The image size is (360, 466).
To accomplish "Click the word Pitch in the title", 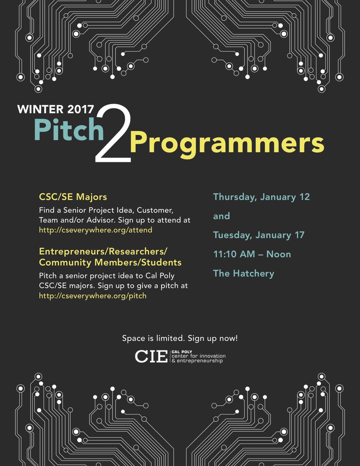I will (69, 130).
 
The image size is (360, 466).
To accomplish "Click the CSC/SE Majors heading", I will (73, 196).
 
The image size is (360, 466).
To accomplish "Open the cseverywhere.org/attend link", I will (96, 230).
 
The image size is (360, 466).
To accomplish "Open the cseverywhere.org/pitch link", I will (93, 296).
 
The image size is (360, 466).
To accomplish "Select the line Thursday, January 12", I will (261, 197).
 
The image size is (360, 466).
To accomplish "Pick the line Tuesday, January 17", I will (259, 235).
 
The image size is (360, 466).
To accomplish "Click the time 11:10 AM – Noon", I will (252, 254).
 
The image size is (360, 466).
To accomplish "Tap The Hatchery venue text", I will (243, 273).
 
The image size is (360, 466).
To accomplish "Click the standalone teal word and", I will (221, 216).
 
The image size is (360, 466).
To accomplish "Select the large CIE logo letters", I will (151, 356).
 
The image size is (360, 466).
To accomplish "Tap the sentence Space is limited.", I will (153, 338).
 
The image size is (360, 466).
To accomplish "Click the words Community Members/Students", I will (110, 263).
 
